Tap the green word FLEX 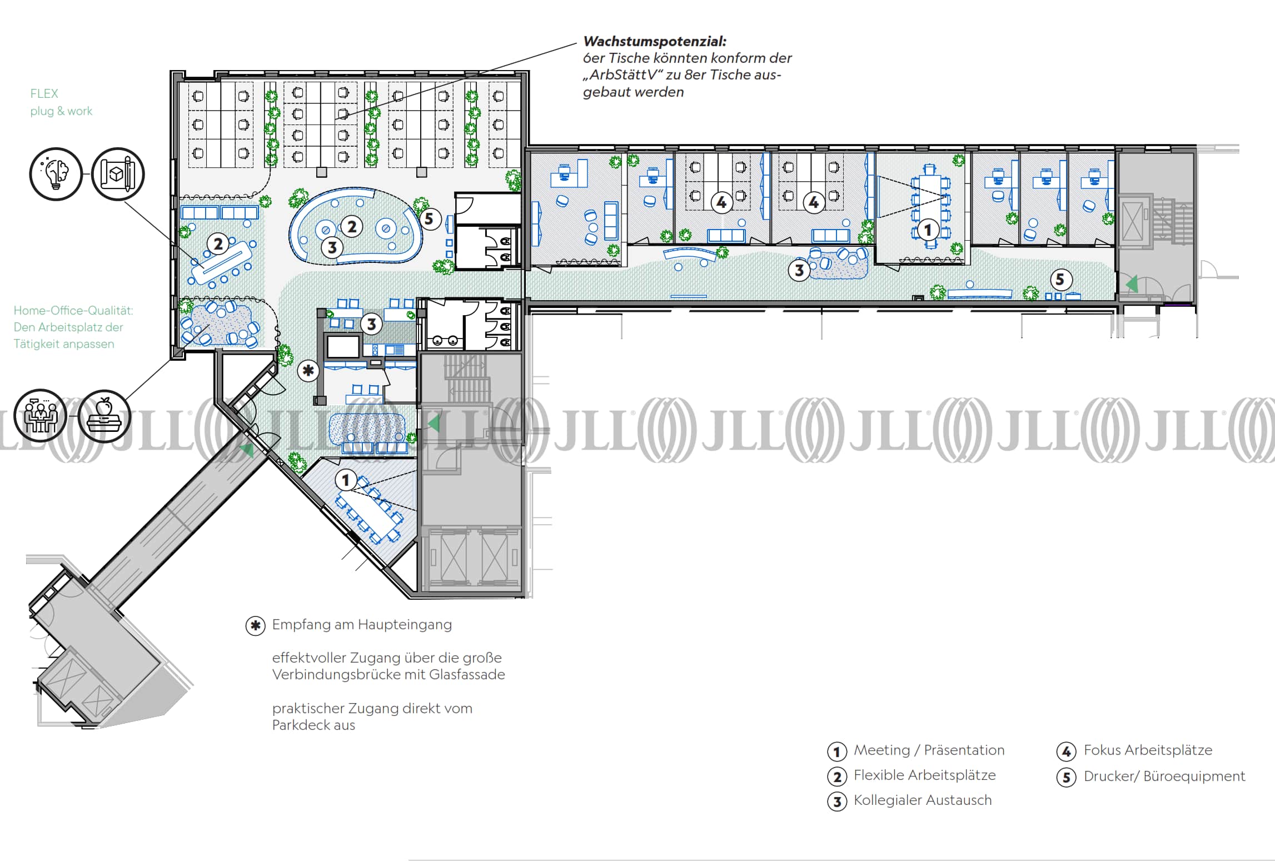click(44, 93)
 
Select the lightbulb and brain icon click(56, 174)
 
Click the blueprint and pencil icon click(118, 174)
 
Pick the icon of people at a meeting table click(41, 416)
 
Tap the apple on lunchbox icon click(104, 416)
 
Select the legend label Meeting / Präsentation click(929, 750)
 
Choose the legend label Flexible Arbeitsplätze click(924, 775)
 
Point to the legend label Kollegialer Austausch click(923, 800)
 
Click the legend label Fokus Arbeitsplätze click(1148, 750)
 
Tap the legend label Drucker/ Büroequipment click(1164, 777)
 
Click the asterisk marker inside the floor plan click(308, 371)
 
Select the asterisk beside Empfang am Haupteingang click(255, 626)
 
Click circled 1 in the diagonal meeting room click(346, 479)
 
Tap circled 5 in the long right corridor click(1060, 279)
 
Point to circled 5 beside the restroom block click(429, 219)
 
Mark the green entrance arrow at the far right click(1132, 285)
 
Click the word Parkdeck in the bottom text click(301, 725)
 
